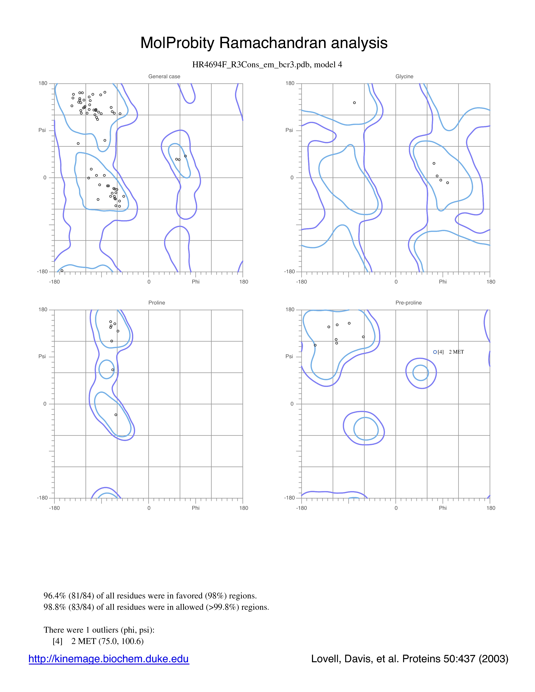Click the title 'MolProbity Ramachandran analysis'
click(x=264, y=43)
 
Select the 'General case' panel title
click(x=164, y=76)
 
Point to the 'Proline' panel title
click(x=157, y=303)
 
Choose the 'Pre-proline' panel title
click(x=408, y=303)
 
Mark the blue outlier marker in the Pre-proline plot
click(x=435, y=352)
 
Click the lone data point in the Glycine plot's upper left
click(x=354, y=103)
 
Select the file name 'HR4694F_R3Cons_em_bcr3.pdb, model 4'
click(x=267, y=65)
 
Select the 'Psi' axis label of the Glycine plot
click(x=289, y=130)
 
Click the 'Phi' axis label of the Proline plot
click(x=196, y=508)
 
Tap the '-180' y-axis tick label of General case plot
click(x=42, y=272)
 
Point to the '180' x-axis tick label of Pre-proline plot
click(x=491, y=508)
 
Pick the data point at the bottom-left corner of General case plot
click(x=62, y=271)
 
